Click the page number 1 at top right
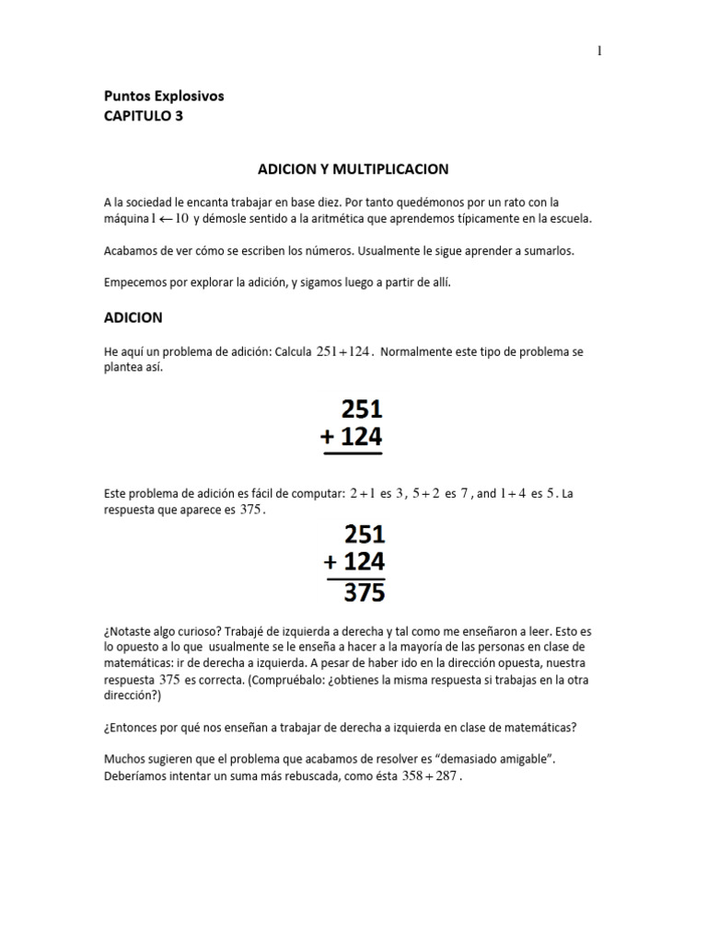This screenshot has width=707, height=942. click(599, 52)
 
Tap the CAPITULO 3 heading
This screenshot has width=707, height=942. click(143, 116)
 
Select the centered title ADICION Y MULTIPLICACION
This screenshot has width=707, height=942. click(353, 169)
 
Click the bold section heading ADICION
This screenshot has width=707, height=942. click(133, 317)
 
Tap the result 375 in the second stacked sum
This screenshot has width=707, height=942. click(364, 593)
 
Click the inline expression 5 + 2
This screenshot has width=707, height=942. click(426, 494)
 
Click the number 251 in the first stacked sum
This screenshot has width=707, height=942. click(362, 408)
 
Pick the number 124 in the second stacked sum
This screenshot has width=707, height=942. click(364, 561)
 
